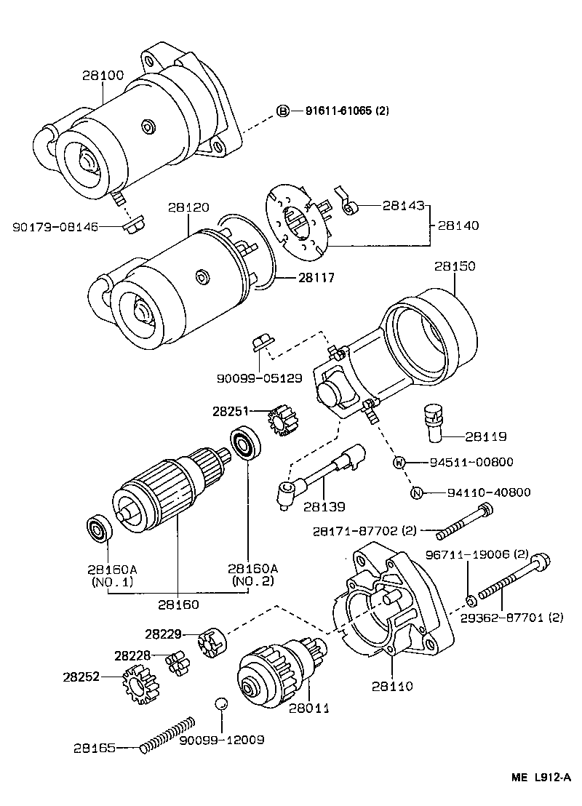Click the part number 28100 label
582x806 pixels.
[x=103, y=75]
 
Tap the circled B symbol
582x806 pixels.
[x=282, y=111]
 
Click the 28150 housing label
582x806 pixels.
[x=455, y=266]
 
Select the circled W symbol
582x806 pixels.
[x=399, y=462]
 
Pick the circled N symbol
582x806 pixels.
[x=417, y=492]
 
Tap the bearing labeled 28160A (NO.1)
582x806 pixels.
[x=97, y=527]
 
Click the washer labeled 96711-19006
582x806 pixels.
[x=471, y=600]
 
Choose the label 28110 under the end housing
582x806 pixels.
[x=392, y=685]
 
